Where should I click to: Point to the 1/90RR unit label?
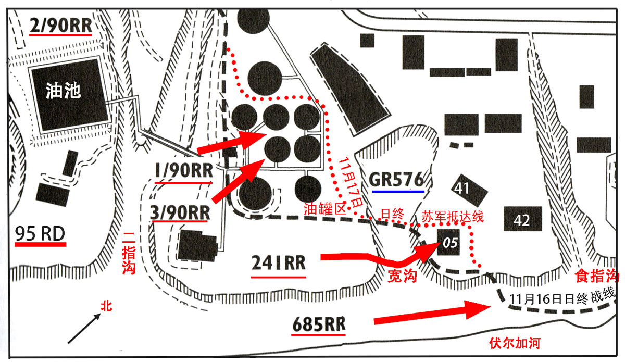183,171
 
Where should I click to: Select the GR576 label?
397,179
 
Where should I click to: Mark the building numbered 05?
448,242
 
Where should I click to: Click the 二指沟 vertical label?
128,253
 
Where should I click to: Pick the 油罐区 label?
325,210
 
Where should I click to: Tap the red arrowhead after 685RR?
476,311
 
